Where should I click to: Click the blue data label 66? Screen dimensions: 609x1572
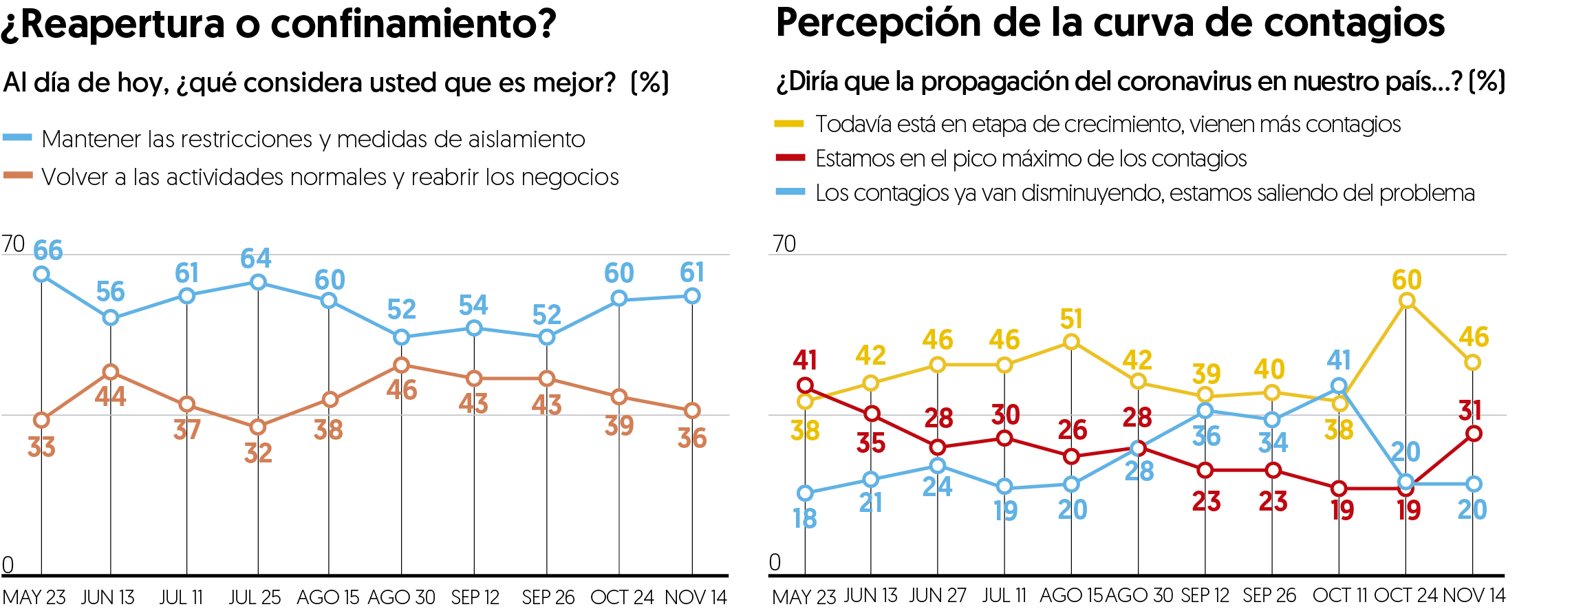pyautogui.click(x=48, y=250)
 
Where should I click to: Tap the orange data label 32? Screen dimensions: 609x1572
pyautogui.click(x=258, y=453)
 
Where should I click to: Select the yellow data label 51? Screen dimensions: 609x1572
pyautogui.click(x=1071, y=319)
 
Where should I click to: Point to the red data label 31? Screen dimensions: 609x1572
pyautogui.click(x=1469, y=411)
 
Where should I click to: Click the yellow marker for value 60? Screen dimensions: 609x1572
pyautogui.click(x=1407, y=301)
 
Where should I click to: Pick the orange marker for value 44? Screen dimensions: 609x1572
pyautogui.click(x=110, y=372)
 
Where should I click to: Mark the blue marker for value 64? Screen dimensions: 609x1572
pyautogui.click(x=258, y=282)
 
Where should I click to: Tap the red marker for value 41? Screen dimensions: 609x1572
pyautogui.click(x=805, y=385)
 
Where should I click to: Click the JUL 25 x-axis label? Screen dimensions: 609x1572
pyautogui.click(x=255, y=597)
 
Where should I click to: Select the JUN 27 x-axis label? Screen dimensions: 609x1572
pyautogui.click(x=937, y=595)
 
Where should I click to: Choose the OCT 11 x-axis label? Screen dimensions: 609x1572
pyautogui.click(x=1339, y=595)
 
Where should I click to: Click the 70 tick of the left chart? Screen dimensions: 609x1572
pyautogui.click(x=13, y=244)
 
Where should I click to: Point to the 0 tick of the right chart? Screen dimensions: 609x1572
pyautogui.click(x=775, y=563)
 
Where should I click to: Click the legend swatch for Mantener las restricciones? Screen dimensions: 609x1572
pyautogui.click(x=18, y=138)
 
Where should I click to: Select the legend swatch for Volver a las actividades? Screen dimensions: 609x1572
pyautogui.click(x=18, y=175)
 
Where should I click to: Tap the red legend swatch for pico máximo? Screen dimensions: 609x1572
pyautogui.click(x=790, y=158)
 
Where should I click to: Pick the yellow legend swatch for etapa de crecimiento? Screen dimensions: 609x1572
pyautogui.click(x=789, y=124)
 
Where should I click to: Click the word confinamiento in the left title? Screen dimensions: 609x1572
pyautogui.click(x=413, y=24)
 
